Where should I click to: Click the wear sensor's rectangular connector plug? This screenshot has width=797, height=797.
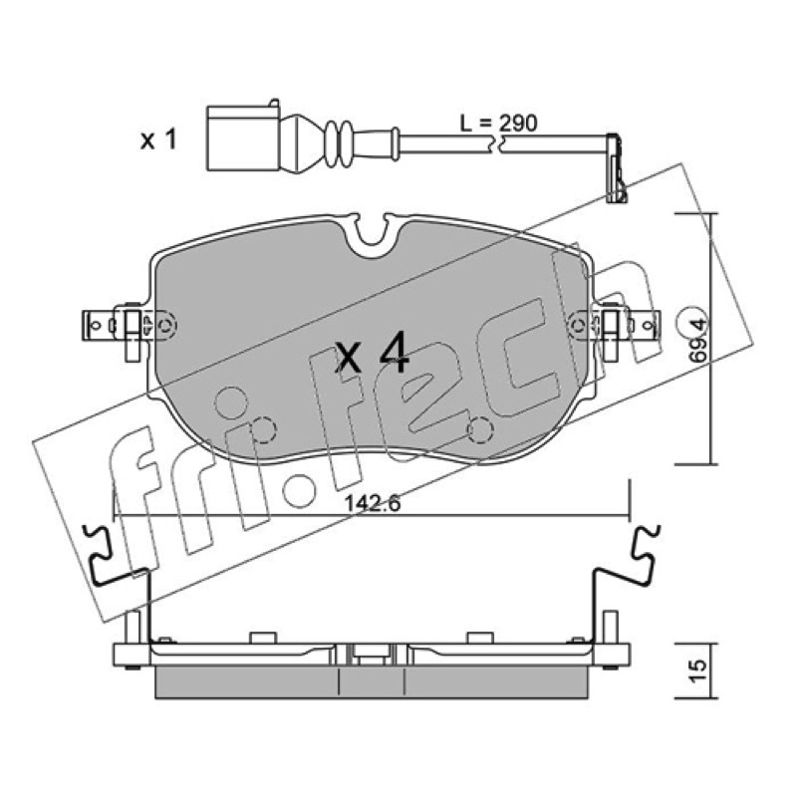pyautogui.click(x=243, y=137)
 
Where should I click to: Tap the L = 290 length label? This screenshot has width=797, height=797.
pyautogui.click(x=498, y=123)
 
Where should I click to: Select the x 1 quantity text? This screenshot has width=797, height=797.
pyautogui.click(x=158, y=139)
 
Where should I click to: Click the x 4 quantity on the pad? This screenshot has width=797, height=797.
pyautogui.click(x=372, y=353)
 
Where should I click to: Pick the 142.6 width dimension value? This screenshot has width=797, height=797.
pyautogui.click(x=373, y=503)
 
